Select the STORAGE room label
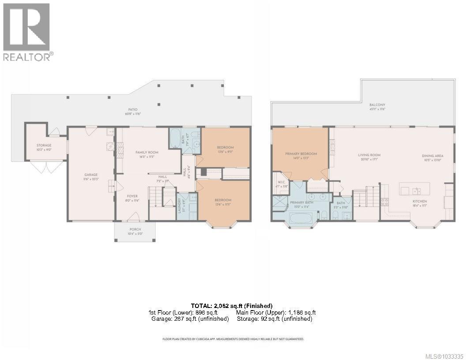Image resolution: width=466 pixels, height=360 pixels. click(x=44, y=145)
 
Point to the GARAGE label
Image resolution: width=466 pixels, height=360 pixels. click(x=91, y=175)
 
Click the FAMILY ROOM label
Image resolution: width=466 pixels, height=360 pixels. click(x=147, y=152)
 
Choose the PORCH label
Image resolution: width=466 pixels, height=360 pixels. click(x=135, y=229)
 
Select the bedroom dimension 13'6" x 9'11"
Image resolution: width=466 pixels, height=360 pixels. click(x=225, y=152)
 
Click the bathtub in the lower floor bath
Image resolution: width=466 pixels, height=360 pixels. click(x=174, y=139)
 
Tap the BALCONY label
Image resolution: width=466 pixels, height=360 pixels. click(x=377, y=105)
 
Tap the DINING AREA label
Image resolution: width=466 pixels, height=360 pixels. click(x=432, y=156)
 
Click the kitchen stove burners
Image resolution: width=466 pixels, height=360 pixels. click(x=384, y=202)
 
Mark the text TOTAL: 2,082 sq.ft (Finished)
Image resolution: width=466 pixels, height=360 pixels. click(x=232, y=306)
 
